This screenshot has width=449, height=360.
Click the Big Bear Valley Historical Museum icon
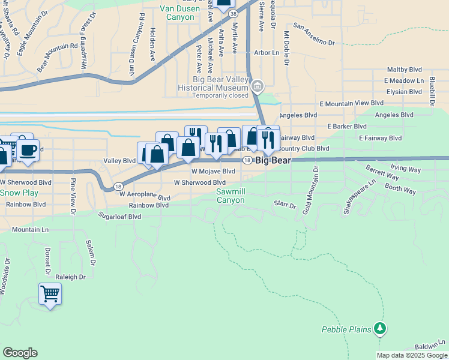pos(258,86)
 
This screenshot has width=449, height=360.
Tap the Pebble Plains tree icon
pos(379,328)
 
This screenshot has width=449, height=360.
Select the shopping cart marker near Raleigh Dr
pos(50,294)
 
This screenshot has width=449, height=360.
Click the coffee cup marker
pos(28,150)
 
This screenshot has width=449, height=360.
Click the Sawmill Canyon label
pos(231,196)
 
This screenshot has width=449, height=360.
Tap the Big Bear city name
pos(273,161)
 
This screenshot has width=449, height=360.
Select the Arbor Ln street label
pos(267,53)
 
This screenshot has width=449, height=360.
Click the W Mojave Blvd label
pos(212,171)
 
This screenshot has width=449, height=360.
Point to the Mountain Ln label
pos(30,229)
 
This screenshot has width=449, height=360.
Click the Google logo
pos(20,353)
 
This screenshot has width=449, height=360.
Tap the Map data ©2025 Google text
pos(411,355)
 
